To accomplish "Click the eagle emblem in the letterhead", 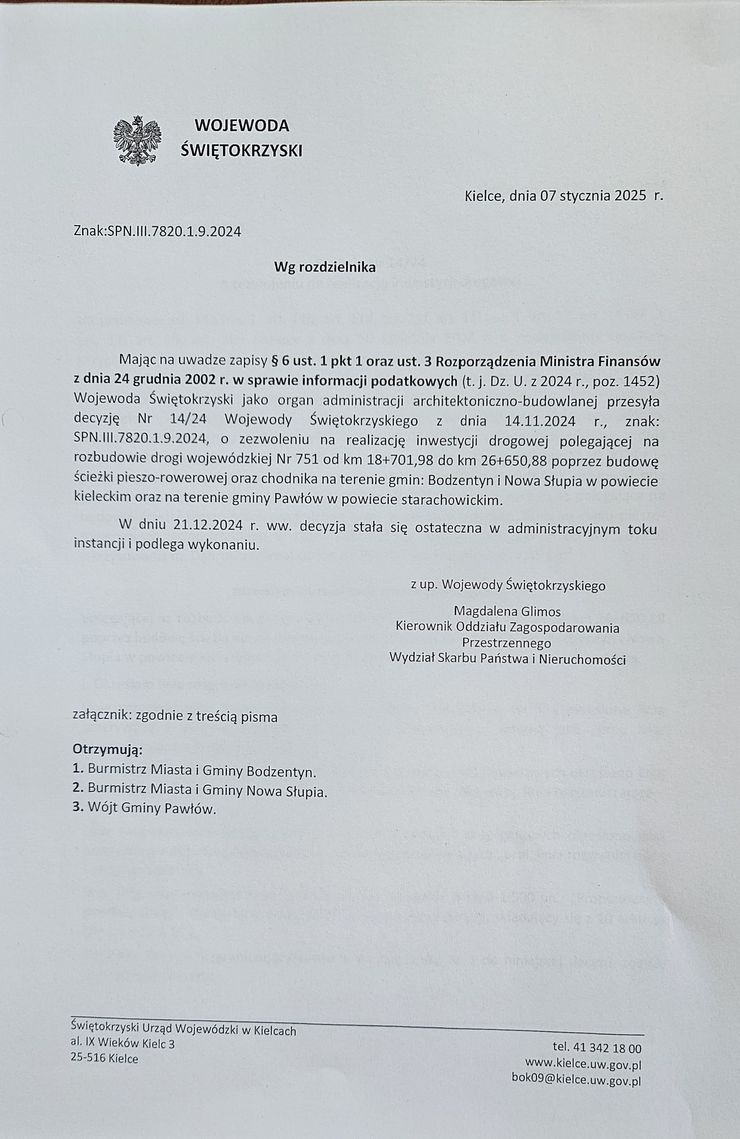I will click(137, 140).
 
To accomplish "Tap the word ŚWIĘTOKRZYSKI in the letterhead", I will click(242, 150).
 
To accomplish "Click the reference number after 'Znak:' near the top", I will click(174, 232).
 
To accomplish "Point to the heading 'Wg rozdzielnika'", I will click(325, 268).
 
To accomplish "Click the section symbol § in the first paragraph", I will click(273, 361).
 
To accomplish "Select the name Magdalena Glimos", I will click(507, 612).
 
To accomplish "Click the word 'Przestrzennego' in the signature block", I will click(506, 643).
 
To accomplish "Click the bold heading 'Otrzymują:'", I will click(108, 750).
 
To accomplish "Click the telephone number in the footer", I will click(597, 1048).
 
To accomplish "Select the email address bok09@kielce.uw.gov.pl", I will click(576, 1079).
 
